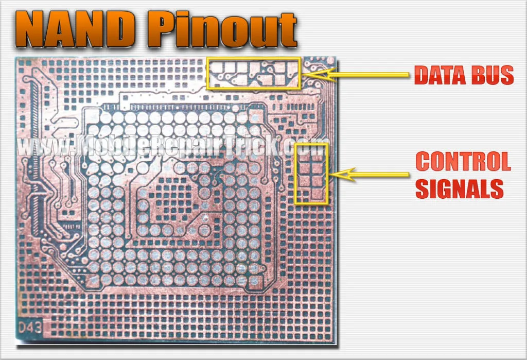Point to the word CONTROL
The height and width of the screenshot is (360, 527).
click(x=463, y=161)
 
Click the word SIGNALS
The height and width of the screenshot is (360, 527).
click(x=459, y=188)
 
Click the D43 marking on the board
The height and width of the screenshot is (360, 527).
click(x=30, y=327)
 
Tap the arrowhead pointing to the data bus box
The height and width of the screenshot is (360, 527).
click(x=318, y=74)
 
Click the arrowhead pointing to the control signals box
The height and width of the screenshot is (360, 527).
click(x=341, y=174)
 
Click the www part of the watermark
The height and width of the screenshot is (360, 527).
click(x=42, y=147)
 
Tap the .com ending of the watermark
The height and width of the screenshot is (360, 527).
click(x=305, y=147)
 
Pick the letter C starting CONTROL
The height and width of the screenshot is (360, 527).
click(x=423, y=161)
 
